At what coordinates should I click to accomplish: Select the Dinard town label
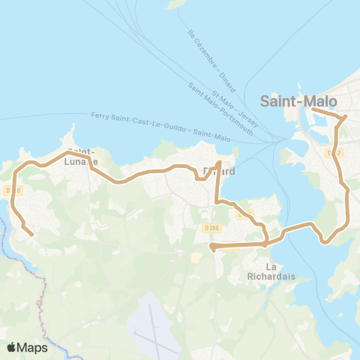(219, 172)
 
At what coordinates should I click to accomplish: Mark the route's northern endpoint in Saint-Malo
(312, 110)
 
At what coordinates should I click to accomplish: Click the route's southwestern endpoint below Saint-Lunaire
(32, 235)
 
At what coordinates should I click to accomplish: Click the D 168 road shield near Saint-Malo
(334, 153)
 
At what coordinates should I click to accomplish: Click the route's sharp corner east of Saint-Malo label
(345, 117)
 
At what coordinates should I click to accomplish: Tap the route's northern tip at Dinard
(219, 162)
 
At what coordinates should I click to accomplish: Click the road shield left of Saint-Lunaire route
(10, 190)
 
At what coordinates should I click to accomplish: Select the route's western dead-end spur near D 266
(212, 245)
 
